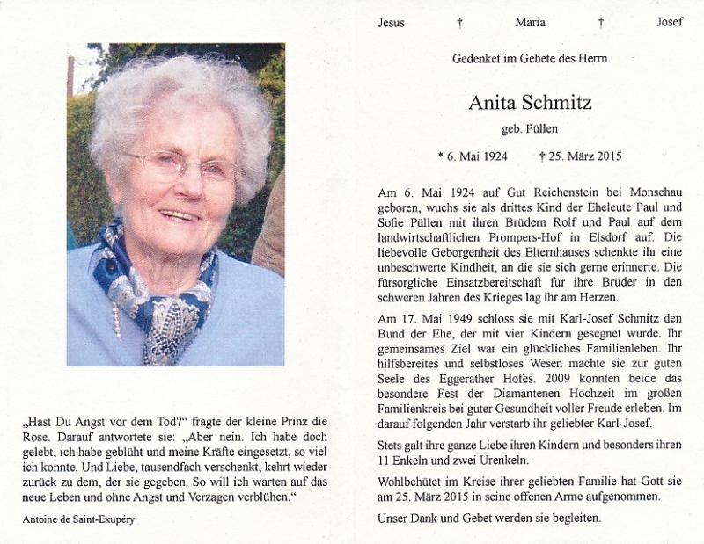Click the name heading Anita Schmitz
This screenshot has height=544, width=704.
coord(530,103)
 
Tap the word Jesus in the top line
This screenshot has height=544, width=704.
coord(392,23)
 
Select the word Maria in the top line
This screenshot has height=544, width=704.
coord(530,23)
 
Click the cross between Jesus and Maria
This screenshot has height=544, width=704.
coord(459,23)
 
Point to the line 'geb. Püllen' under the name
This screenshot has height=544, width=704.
coord(530,130)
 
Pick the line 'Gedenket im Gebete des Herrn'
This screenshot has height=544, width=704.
coord(530,59)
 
